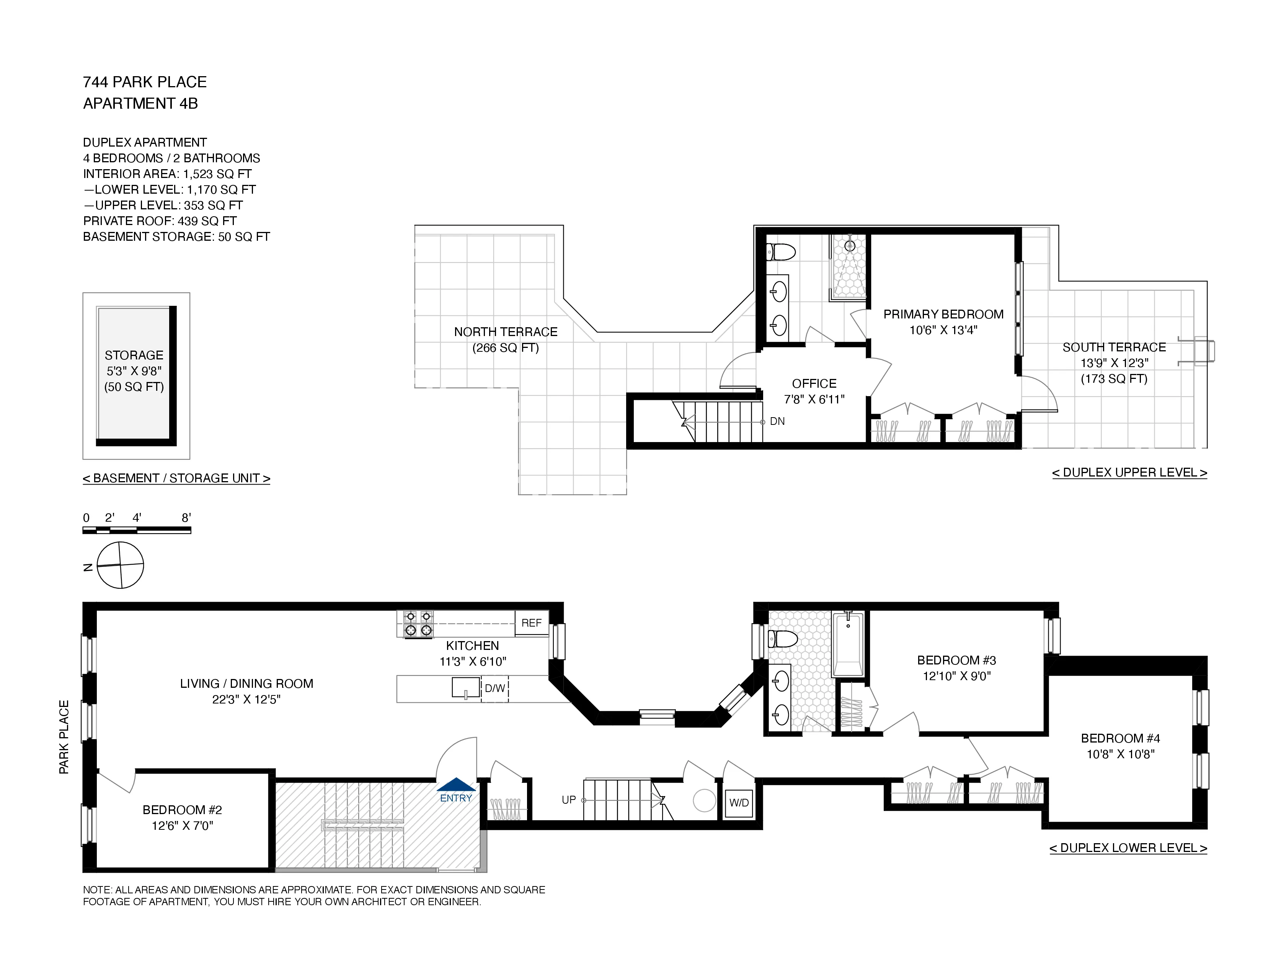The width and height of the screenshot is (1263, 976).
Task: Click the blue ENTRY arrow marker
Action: (456, 785)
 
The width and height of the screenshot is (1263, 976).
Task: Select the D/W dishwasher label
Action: (494, 688)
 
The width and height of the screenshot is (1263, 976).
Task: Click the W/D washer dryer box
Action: (739, 803)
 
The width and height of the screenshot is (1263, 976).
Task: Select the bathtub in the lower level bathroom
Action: (848, 644)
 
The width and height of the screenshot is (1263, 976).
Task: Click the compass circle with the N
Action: (120, 565)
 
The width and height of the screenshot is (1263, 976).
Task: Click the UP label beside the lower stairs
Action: (568, 800)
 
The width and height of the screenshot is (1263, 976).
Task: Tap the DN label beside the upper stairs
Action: (777, 421)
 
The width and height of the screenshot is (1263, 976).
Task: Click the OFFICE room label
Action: (814, 384)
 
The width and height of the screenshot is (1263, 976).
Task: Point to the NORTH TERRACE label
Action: (506, 332)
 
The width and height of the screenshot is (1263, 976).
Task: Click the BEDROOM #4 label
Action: (1120, 738)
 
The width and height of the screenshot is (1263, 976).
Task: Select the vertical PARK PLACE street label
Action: (64, 737)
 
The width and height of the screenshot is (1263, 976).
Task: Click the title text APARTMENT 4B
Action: (140, 103)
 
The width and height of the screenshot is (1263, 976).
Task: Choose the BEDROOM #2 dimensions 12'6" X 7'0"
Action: (182, 826)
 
